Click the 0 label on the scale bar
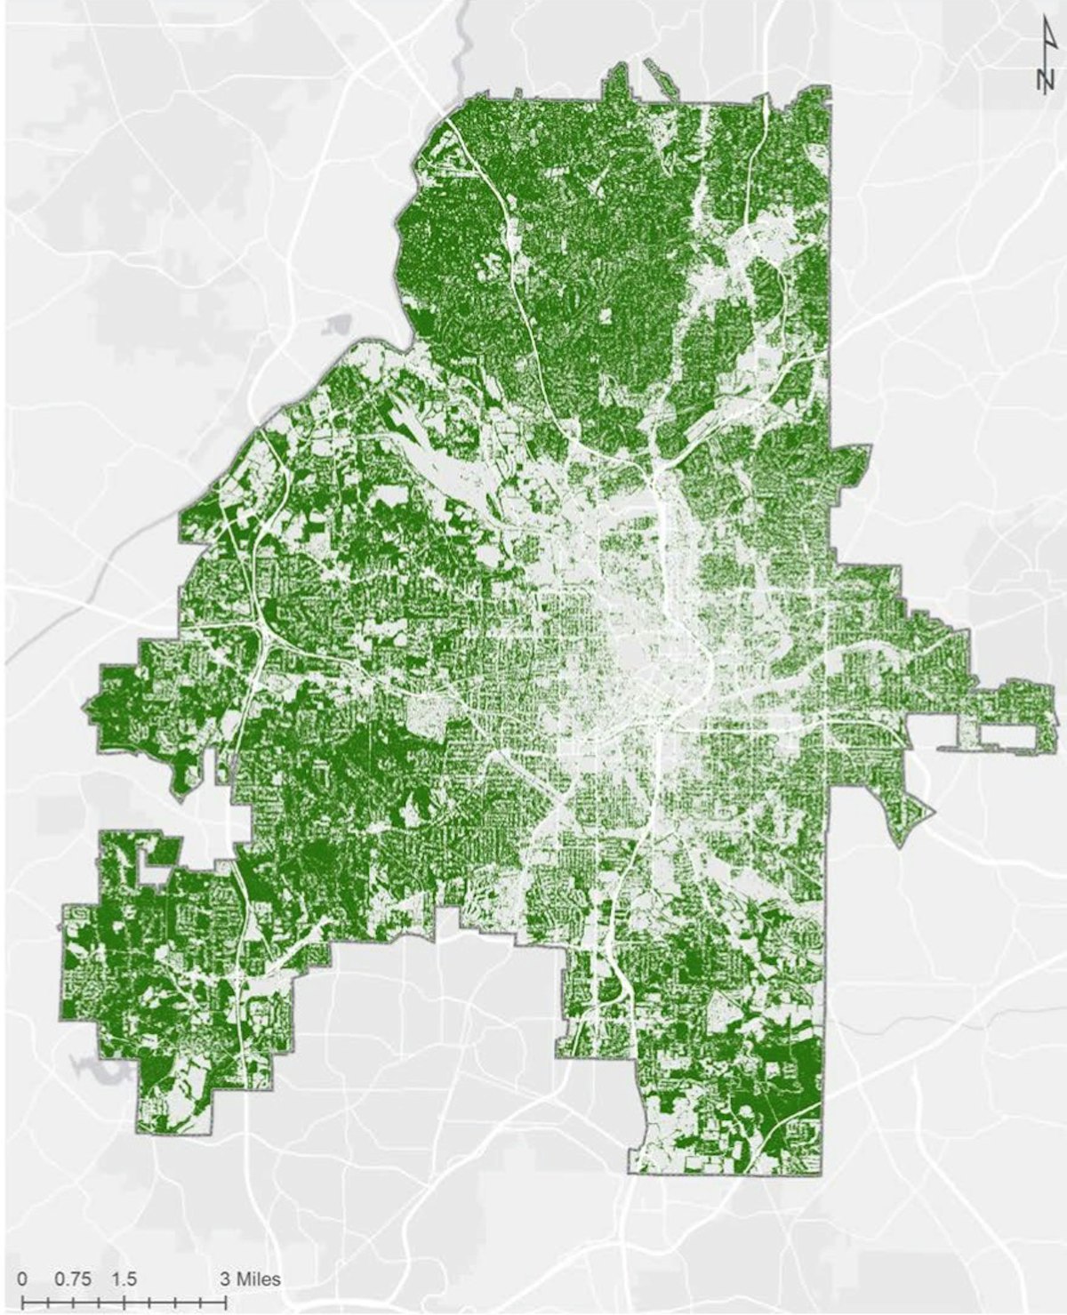[x=22, y=1279]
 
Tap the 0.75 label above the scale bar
[x=73, y=1279]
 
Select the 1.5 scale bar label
[x=124, y=1279]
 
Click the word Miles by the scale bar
[x=258, y=1279]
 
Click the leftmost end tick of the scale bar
[x=22, y=1301]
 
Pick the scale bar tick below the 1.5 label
[x=124, y=1301]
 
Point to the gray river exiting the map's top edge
[x=460, y=36]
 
